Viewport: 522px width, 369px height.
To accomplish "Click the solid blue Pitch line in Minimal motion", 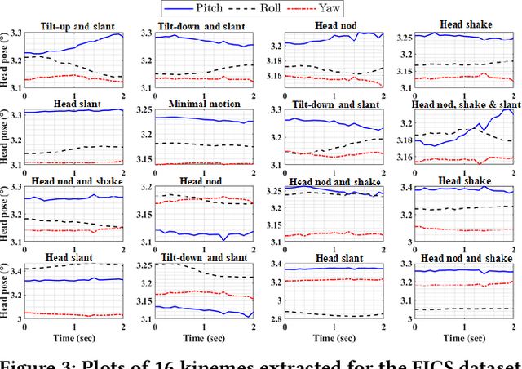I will click(204, 118).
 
